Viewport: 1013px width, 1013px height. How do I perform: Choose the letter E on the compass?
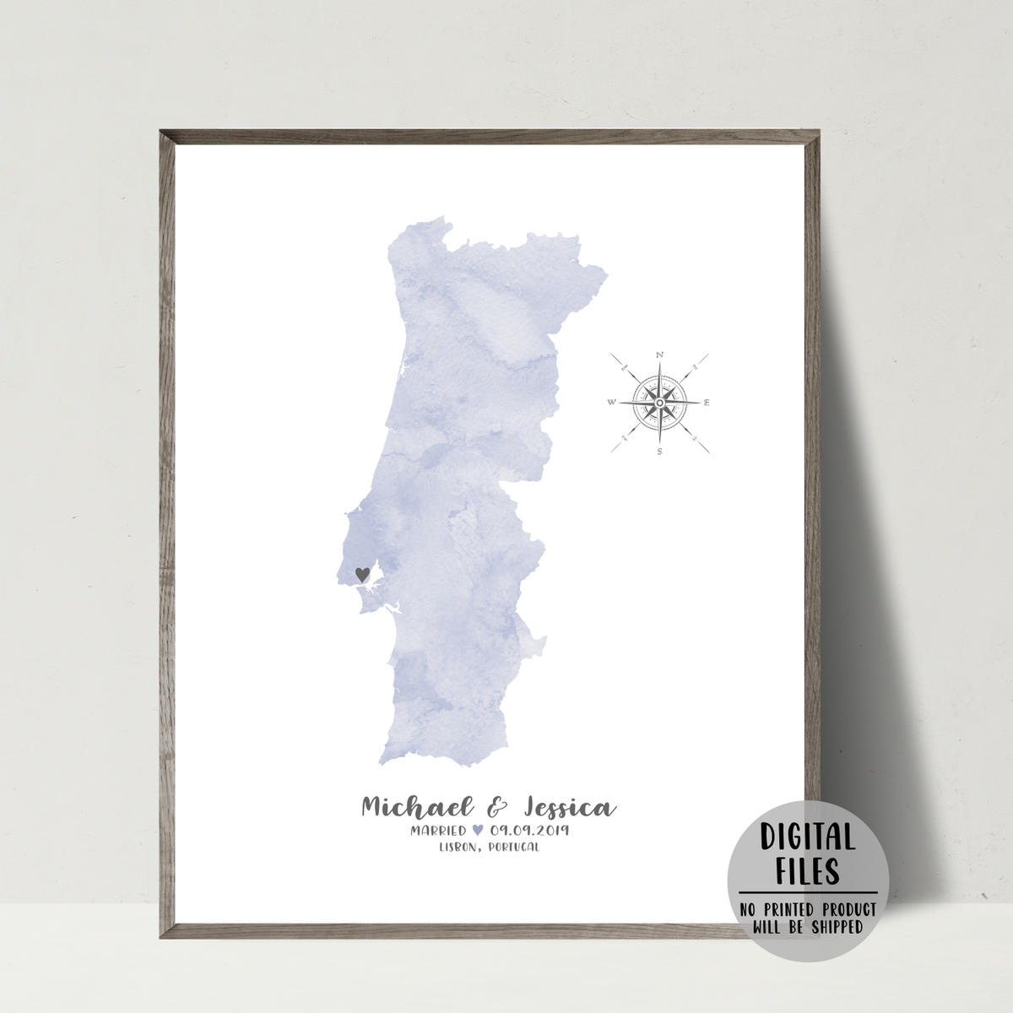point(707,403)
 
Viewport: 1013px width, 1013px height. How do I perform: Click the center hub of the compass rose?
point(658,403)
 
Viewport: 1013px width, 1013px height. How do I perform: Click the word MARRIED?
point(438,832)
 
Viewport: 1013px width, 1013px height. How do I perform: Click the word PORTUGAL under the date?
point(510,848)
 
